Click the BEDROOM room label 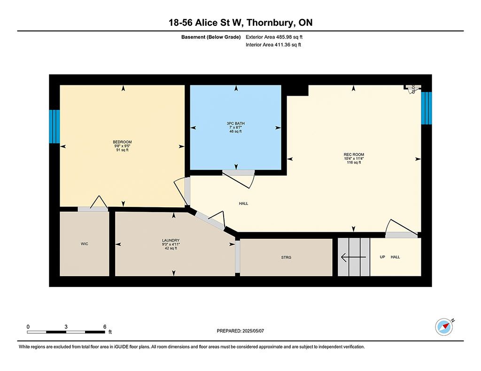pos(123,142)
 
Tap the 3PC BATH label pos(236,123)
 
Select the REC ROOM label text pos(354,154)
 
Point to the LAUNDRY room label pos(171,241)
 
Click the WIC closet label pos(85,244)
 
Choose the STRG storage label pos(286,257)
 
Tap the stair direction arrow pos(353,257)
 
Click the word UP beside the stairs pos(382,257)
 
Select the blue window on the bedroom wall pos(54,127)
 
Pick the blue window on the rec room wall pos(427,108)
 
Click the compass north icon pos(444,327)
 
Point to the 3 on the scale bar pos(66,327)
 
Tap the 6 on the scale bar pos(105,327)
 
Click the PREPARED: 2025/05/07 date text pos(240,331)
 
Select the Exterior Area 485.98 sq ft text pos(274,37)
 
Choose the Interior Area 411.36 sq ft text pos(273,45)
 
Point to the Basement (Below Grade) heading pos(211,37)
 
